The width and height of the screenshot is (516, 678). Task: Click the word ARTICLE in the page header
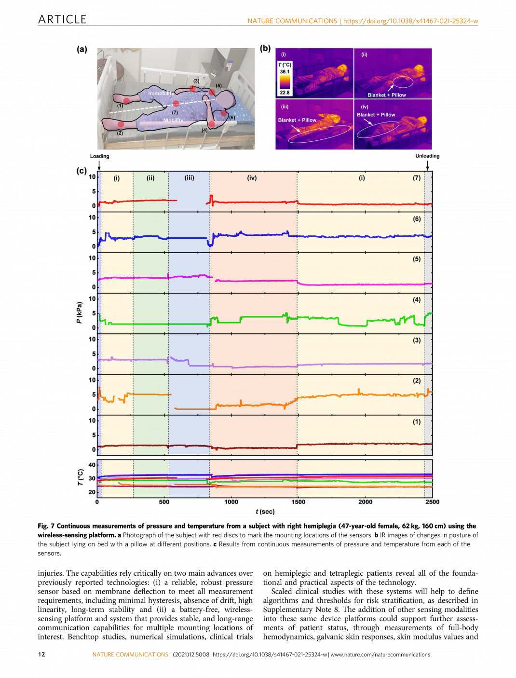click(62, 19)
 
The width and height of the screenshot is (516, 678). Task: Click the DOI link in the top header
click(410, 21)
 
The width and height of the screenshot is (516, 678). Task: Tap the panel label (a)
click(82, 49)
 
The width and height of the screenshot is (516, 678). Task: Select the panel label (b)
click(265, 48)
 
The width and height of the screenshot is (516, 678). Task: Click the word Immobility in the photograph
click(161, 93)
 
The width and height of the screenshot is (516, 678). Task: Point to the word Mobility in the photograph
click(173, 121)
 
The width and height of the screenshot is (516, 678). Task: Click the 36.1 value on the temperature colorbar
click(285, 72)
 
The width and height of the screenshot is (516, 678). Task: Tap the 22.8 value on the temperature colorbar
click(285, 93)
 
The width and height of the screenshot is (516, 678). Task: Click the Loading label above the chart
click(99, 156)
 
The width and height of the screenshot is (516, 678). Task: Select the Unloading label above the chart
click(427, 156)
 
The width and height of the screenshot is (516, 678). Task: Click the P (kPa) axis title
click(79, 312)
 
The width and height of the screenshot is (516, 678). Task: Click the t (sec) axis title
click(265, 512)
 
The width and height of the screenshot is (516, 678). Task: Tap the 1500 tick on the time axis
click(298, 502)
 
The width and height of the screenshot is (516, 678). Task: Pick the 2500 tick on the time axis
click(432, 502)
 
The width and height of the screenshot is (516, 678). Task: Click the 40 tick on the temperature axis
click(92, 465)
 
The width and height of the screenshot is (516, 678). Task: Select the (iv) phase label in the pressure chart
click(252, 178)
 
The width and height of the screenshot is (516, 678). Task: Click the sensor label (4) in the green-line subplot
click(417, 299)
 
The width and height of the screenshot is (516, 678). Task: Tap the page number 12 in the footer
click(41, 654)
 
